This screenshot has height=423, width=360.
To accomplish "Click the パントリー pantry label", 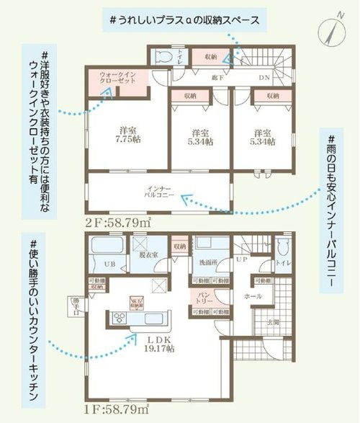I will click(203, 297).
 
